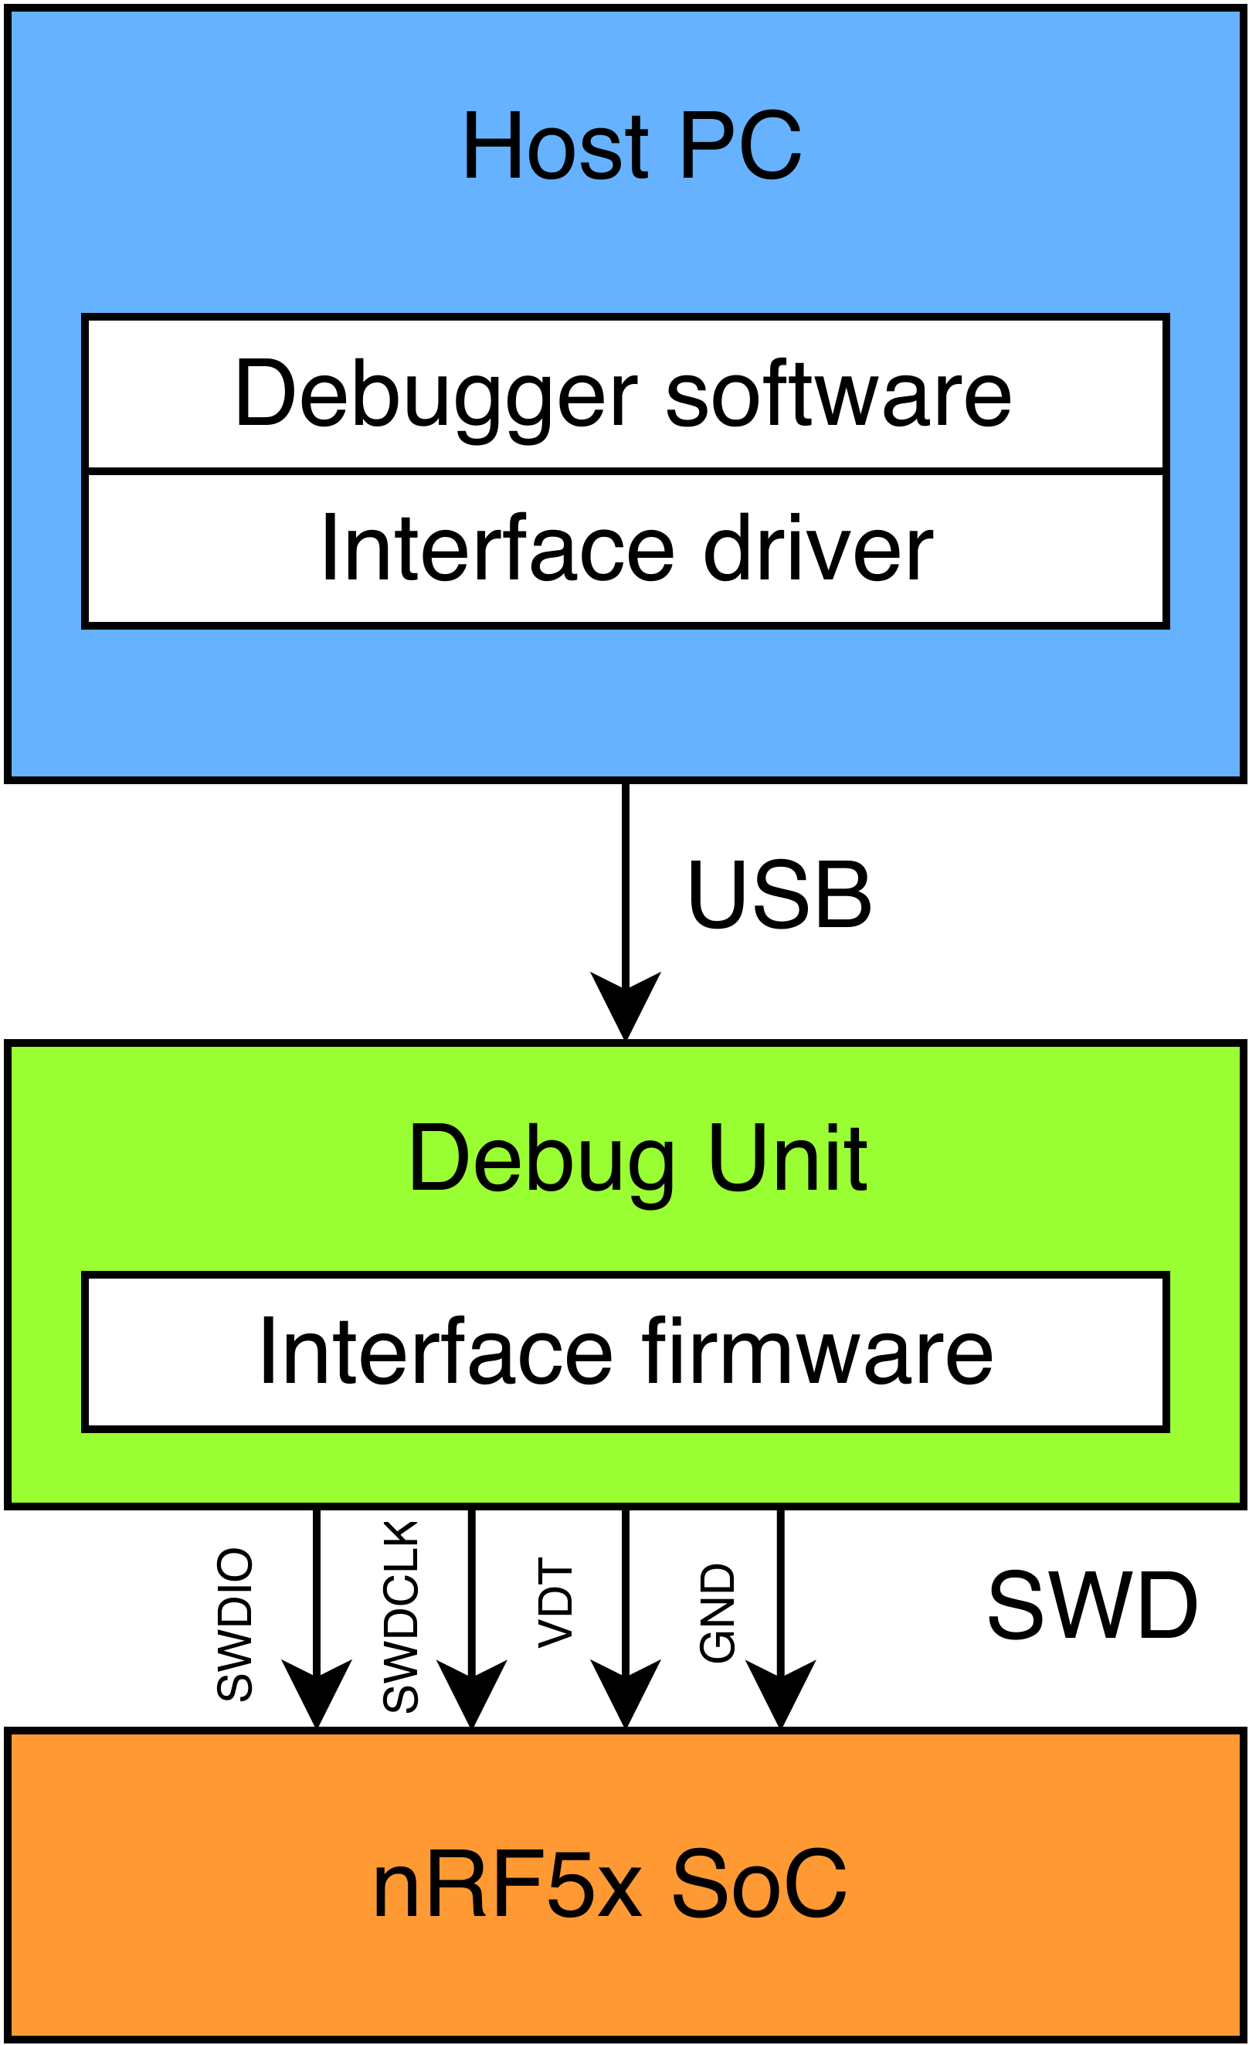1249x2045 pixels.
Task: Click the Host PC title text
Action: tap(631, 147)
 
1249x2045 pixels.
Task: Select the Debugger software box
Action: tap(624, 393)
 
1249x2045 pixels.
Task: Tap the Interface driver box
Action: tap(624, 549)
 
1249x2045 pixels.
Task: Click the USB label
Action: tap(779, 895)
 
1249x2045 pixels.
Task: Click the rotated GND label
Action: tap(717, 1612)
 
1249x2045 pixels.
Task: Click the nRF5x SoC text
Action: tap(610, 1884)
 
